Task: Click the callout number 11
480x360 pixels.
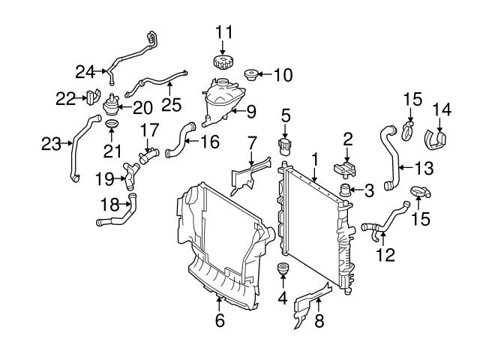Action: click(223, 32)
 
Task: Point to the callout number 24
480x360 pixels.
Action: click(85, 72)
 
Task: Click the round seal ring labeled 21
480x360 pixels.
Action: click(111, 124)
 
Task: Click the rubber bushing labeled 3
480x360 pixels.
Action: click(346, 190)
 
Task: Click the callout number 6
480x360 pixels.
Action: click(220, 320)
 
